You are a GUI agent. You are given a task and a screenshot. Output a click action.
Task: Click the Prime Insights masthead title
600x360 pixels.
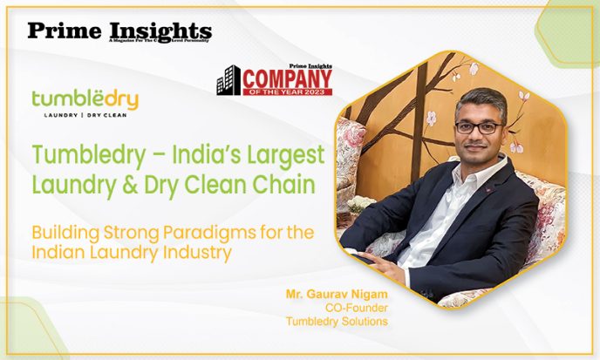(119, 31)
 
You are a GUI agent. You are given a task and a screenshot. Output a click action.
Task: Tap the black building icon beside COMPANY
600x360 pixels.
(228, 80)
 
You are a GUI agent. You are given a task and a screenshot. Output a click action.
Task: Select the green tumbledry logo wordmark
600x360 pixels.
(84, 100)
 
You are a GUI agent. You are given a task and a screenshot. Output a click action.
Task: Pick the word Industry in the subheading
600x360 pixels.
(202, 254)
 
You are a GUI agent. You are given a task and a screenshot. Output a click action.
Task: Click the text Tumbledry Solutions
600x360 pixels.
(337, 322)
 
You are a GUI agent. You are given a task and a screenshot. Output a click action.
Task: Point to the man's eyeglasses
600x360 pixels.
(477, 127)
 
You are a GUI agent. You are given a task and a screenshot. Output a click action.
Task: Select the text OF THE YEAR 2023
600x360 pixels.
(287, 92)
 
